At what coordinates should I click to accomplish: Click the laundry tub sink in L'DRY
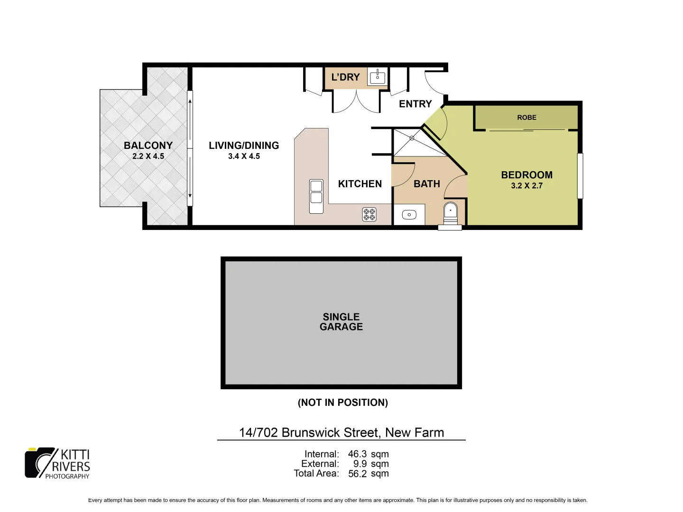click(378, 77)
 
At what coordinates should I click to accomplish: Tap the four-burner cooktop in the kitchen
click(369, 214)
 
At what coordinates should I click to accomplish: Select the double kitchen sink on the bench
click(316, 196)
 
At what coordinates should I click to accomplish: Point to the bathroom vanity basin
click(409, 215)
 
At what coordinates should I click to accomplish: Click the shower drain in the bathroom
click(412, 138)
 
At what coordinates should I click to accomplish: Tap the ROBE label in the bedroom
click(526, 118)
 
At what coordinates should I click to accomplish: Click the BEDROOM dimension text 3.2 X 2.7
click(526, 186)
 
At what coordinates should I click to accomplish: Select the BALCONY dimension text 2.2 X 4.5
click(148, 156)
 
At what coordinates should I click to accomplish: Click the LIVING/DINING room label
click(244, 146)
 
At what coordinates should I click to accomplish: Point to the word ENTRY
click(415, 104)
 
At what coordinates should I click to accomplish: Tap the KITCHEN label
click(360, 184)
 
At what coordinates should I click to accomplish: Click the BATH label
click(426, 184)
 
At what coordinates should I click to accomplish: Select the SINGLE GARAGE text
click(341, 322)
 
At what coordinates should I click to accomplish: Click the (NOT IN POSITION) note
click(342, 402)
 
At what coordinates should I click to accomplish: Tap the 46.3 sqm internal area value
click(368, 454)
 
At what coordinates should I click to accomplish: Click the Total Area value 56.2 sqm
click(368, 474)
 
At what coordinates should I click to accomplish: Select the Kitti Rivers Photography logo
click(57, 463)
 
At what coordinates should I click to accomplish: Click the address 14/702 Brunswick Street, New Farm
click(341, 432)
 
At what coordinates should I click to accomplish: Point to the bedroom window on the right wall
click(580, 176)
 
